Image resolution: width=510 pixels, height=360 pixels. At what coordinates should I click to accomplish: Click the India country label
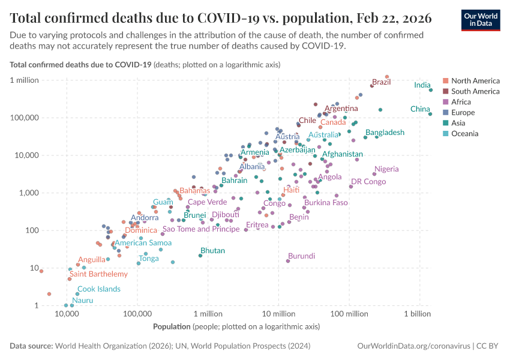[x=422, y=85]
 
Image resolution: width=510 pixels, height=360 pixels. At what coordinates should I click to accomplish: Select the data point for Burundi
[x=288, y=261]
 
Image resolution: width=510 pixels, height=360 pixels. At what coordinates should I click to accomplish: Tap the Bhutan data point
[x=200, y=256]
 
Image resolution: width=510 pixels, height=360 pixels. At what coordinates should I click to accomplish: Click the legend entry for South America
[x=475, y=91]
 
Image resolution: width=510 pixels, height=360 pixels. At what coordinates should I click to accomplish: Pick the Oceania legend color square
[x=446, y=133]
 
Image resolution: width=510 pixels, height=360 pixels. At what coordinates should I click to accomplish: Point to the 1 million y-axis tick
[x=22, y=80]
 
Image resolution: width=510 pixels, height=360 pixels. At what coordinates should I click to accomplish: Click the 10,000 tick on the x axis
[x=67, y=314]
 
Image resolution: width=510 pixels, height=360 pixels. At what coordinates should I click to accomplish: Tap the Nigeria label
[x=386, y=169]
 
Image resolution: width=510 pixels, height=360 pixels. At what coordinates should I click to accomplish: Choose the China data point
[x=430, y=114]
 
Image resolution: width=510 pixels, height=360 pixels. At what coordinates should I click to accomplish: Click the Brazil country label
[x=381, y=82]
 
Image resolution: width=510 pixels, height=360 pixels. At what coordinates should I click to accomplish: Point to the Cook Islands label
[x=99, y=289]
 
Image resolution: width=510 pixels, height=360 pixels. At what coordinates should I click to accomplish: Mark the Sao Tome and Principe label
[x=201, y=229]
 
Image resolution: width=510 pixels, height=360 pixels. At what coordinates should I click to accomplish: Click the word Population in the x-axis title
[x=172, y=327]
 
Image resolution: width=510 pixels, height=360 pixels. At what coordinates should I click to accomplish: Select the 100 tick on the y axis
[x=31, y=230]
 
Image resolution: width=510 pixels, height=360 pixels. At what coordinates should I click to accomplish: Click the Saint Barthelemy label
[x=99, y=274]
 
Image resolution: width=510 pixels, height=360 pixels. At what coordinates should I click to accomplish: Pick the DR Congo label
[x=368, y=181]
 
